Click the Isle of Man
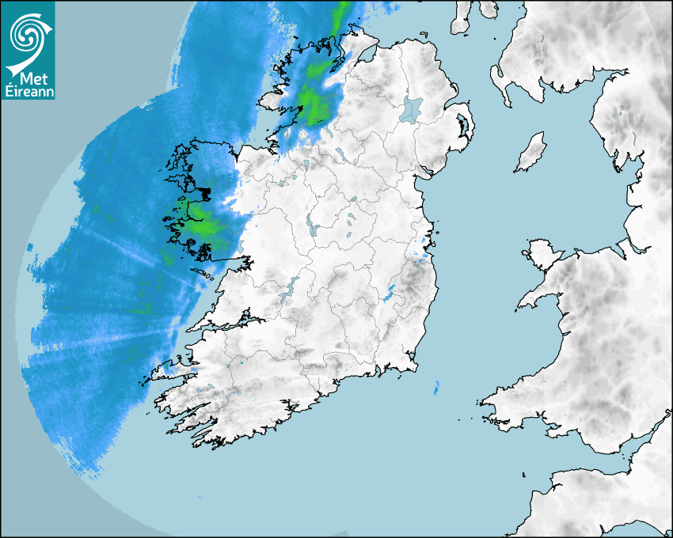pyautogui.click(x=531, y=153)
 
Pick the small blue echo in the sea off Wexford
pyautogui.click(x=436, y=388)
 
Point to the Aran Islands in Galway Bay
pyautogui.click(x=203, y=273)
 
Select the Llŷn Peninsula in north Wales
pyautogui.click(x=538, y=297)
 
